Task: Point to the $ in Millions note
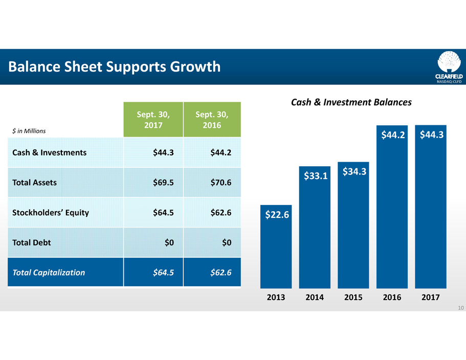pyautogui.click(x=29, y=131)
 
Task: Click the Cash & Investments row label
pyautogui.click(x=50, y=152)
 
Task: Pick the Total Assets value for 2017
pyautogui.click(x=163, y=182)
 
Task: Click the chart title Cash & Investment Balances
pyautogui.click(x=351, y=103)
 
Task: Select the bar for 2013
pyautogui.click(x=276, y=251)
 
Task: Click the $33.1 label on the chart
pyautogui.click(x=315, y=176)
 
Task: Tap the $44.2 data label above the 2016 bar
pyautogui.click(x=392, y=135)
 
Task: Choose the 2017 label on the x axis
pyautogui.click(x=431, y=297)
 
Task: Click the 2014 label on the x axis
pyautogui.click(x=315, y=297)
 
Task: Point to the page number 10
pyautogui.click(x=460, y=308)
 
